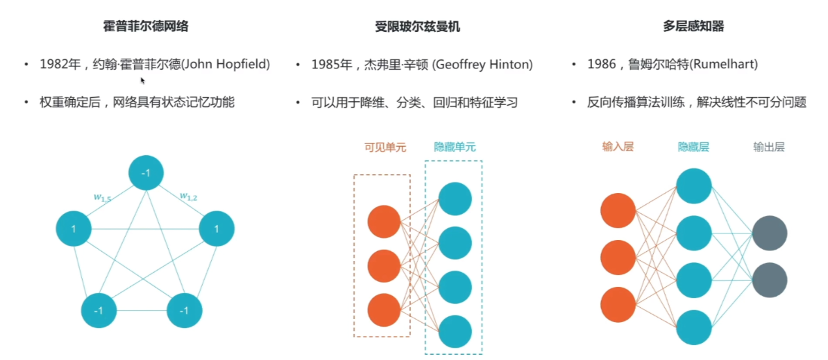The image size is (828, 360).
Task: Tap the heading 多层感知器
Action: point(693,27)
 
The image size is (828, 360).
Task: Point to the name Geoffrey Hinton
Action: point(483,65)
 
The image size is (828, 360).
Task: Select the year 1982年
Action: point(59,65)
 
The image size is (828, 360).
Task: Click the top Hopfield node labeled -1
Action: point(146,173)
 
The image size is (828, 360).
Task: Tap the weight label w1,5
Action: point(102,197)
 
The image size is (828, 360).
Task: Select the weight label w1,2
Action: point(189,196)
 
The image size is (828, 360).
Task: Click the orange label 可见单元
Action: point(385,147)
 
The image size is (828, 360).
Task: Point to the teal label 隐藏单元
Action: point(455,147)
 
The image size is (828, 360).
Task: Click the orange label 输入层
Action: point(617,147)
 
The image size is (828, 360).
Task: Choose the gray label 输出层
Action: point(769,147)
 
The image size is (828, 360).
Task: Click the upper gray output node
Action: point(769,233)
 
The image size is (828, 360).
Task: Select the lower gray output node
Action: point(769,280)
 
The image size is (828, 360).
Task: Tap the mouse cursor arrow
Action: point(143,80)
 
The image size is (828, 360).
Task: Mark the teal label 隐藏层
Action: point(693,147)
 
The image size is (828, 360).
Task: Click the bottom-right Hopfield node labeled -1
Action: point(185,310)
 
